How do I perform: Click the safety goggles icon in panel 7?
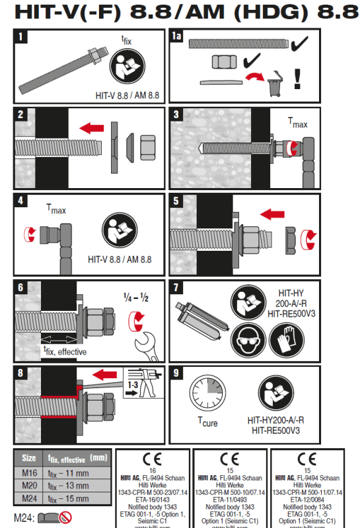coord(246,341)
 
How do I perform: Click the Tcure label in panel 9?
coord(207,422)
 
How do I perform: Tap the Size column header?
coord(29,457)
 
